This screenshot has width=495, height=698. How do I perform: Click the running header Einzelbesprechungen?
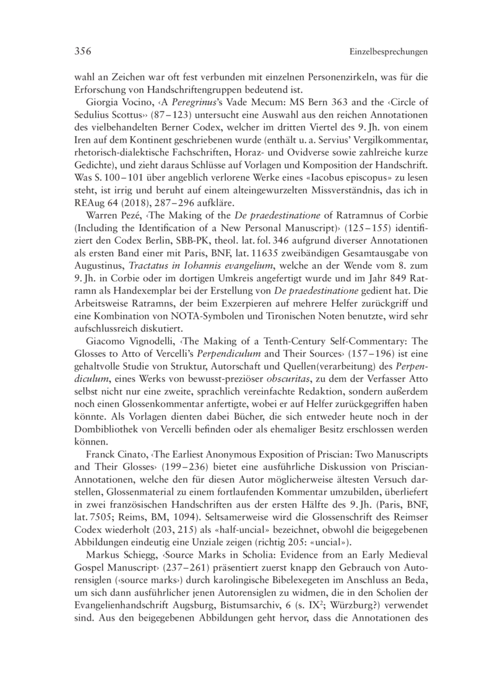point(389,53)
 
